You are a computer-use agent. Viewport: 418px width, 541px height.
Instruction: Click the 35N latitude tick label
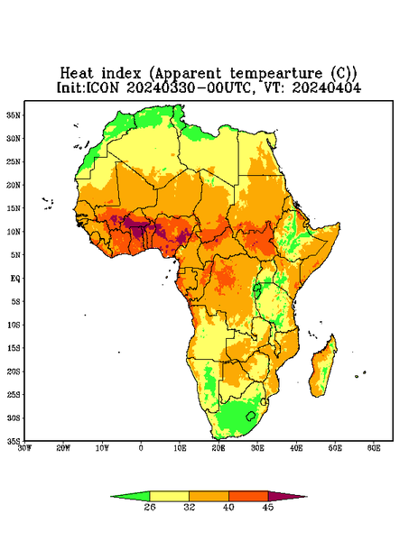tap(14, 115)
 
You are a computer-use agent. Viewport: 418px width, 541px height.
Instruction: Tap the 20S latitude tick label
tap(14, 371)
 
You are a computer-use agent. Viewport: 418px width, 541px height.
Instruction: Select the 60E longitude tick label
tap(374, 448)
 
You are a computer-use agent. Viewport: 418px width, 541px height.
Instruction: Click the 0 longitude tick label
tap(141, 448)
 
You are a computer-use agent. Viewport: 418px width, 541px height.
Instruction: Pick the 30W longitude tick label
tap(24, 448)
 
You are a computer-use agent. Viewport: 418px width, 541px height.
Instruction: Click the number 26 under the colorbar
tap(150, 507)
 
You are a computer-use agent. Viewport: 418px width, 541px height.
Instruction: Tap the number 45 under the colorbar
tap(268, 507)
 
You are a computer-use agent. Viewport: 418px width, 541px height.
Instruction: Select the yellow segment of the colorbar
tap(169, 497)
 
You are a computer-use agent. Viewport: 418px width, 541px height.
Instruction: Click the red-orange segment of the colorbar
tap(248, 497)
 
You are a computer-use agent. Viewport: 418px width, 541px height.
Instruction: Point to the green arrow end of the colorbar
tap(130, 497)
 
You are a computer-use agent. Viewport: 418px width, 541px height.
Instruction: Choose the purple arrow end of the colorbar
tap(288, 497)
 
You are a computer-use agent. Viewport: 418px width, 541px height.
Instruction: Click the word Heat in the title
tap(77, 74)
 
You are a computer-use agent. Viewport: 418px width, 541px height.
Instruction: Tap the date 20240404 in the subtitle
tap(327, 87)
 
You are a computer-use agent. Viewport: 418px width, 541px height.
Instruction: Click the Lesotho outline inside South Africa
tap(250, 416)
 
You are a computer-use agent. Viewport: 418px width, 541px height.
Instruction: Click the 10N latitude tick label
tap(14, 232)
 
